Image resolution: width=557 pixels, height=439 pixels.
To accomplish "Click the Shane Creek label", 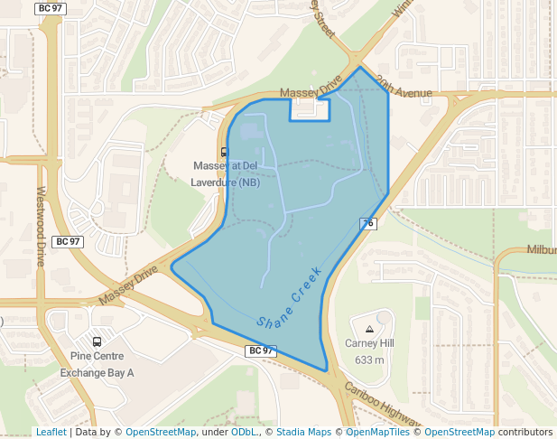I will pyautogui.click(x=289, y=296).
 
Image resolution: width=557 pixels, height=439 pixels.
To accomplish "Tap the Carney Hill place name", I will pyautogui.click(x=369, y=343).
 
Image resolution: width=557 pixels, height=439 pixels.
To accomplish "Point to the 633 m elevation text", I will pyautogui.click(x=369, y=360).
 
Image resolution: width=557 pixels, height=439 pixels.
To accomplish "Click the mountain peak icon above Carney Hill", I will pyautogui.click(x=369, y=328).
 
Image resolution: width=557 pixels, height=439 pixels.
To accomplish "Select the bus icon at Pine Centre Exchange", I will pyautogui.click(x=97, y=342).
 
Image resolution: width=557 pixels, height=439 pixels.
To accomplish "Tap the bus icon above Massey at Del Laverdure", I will pyautogui.click(x=225, y=152).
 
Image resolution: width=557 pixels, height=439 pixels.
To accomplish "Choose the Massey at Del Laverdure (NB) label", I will pyautogui.click(x=225, y=173).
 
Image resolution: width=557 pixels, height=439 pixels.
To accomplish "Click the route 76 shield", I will pyautogui.click(x=367, y=223).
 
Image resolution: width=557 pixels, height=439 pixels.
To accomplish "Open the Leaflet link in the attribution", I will pyautogui.click(x=51, y=432).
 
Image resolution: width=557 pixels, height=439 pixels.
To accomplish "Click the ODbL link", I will pyautogui.click(x=244, y=432).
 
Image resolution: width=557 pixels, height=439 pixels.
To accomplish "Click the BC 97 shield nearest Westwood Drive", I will pyautogui.click(x=69, y=242).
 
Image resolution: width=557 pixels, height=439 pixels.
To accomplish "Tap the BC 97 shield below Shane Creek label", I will pyautogui.click(x=260, y=350).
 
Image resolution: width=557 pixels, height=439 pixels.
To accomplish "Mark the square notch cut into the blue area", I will pyautogui.click(x=309, y=110).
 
